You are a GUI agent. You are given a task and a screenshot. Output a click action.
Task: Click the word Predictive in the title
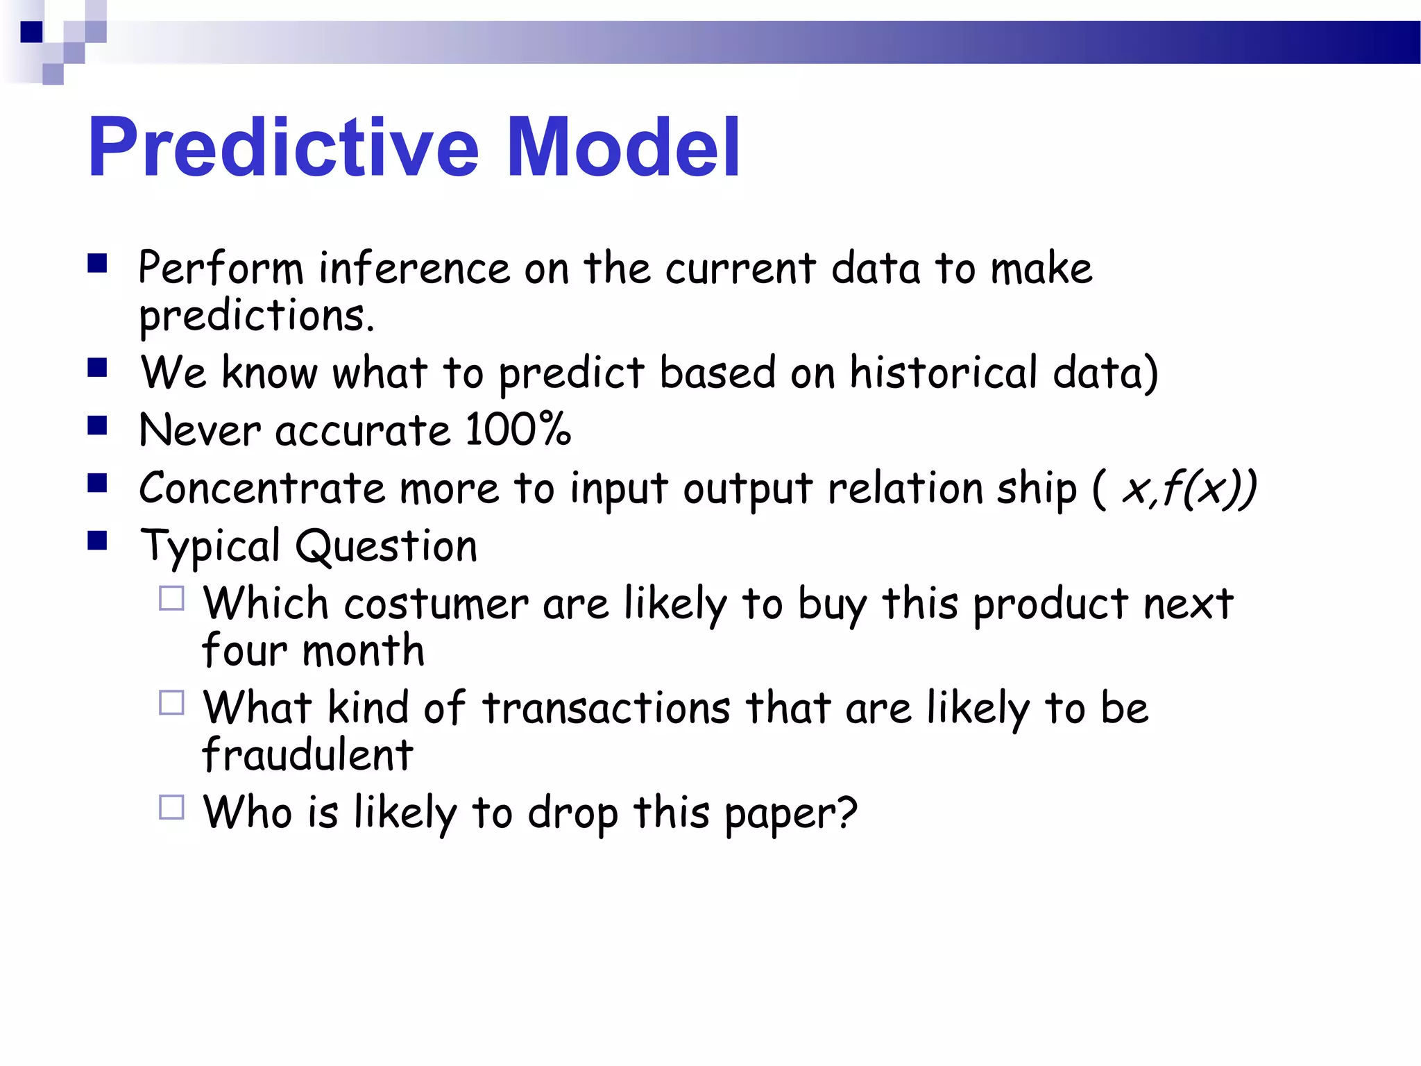[x=283, y=147]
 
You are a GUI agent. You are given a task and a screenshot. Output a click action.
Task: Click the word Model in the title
[x=623, y=147]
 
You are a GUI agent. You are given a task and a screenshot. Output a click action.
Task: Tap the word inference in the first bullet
[x=414, y=269]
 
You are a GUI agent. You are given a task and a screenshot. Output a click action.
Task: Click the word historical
[x=944, y=373]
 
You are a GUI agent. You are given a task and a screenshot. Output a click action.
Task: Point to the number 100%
[x=518, y=430]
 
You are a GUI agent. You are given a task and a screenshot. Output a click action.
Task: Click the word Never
[x=200, y=430]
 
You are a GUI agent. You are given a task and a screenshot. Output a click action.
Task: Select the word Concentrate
[x=262, y=488]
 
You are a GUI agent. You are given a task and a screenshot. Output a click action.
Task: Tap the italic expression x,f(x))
[x=1189, y=489]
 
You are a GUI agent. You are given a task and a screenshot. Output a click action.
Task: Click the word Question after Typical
[x=386, y=546]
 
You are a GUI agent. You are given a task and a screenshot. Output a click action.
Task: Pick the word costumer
[x=436, y=604]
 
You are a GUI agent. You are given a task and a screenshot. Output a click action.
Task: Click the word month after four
[x=363, y=651]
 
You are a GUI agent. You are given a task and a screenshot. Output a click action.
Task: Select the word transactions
[x=606, y=709]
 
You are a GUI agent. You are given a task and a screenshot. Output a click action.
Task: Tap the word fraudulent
[x=307, y=755]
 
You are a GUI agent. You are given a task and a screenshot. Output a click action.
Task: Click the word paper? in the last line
[x=791, y=813]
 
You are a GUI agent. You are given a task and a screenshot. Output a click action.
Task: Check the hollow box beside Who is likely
[x=171, y=807]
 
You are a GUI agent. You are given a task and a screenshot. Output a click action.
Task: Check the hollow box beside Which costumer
[x=171, y=598]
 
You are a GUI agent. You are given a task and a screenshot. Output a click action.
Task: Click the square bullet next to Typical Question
[x=97, y=541]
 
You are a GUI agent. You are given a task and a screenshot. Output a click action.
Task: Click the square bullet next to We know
[x=97, y=367]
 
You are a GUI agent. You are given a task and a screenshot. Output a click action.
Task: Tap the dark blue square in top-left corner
[x=31, y=32]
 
